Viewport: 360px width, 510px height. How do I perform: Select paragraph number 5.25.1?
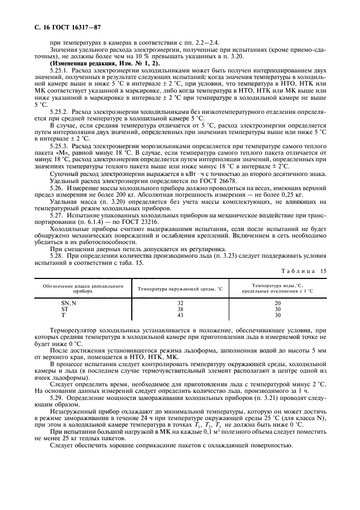(x=59, y=71)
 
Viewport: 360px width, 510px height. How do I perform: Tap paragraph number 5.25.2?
(x=59, y=110)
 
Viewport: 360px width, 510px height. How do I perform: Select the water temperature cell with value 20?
(x=277, y=303)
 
